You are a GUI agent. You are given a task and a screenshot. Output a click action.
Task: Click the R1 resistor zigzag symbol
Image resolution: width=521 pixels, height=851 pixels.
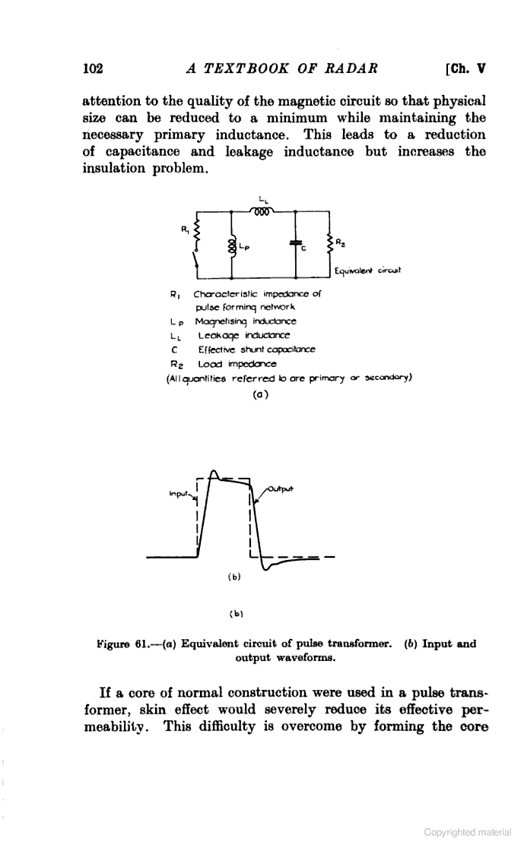pyautogui.click(x=199, y=231)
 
